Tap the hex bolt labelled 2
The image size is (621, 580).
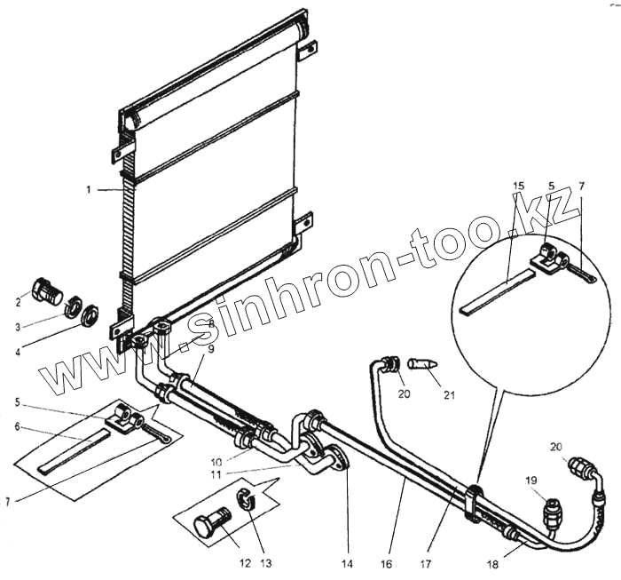click(x=46, y=290)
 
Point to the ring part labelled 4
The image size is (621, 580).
click(x=90, y=315)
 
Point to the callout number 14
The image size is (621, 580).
click(x=349, y=562)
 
